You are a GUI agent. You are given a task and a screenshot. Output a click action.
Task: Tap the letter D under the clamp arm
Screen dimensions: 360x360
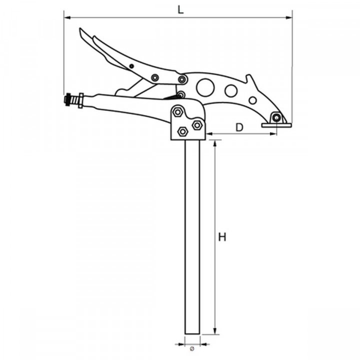pos(239,127)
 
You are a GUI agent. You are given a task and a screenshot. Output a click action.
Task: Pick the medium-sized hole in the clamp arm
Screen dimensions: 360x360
pos(230,90)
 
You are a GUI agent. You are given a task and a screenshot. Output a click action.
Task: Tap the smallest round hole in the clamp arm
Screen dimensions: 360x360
pos(253,100)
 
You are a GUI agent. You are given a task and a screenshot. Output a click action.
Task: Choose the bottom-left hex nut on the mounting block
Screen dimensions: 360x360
pos(183,131)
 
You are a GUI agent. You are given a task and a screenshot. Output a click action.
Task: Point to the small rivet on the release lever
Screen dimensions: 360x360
pos(131,66)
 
